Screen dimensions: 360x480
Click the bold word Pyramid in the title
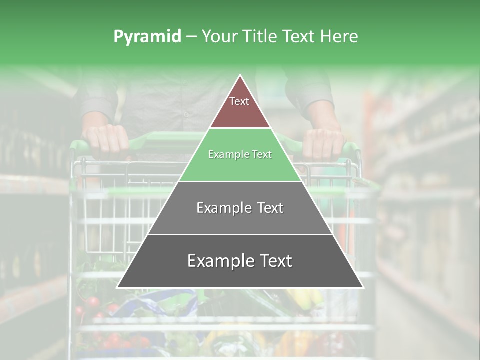pos(147,37)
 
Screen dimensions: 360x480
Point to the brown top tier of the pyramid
pos(240,112)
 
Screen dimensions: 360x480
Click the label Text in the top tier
pos(239,101)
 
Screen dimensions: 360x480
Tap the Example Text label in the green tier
pos(240,155)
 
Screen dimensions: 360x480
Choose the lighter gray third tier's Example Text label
pos(240,208)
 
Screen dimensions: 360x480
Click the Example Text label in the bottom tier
pos(240,261)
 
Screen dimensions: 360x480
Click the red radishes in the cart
pos(92,303)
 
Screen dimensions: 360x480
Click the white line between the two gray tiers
pos(240,234)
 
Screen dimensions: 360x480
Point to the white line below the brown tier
pos(240,128)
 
